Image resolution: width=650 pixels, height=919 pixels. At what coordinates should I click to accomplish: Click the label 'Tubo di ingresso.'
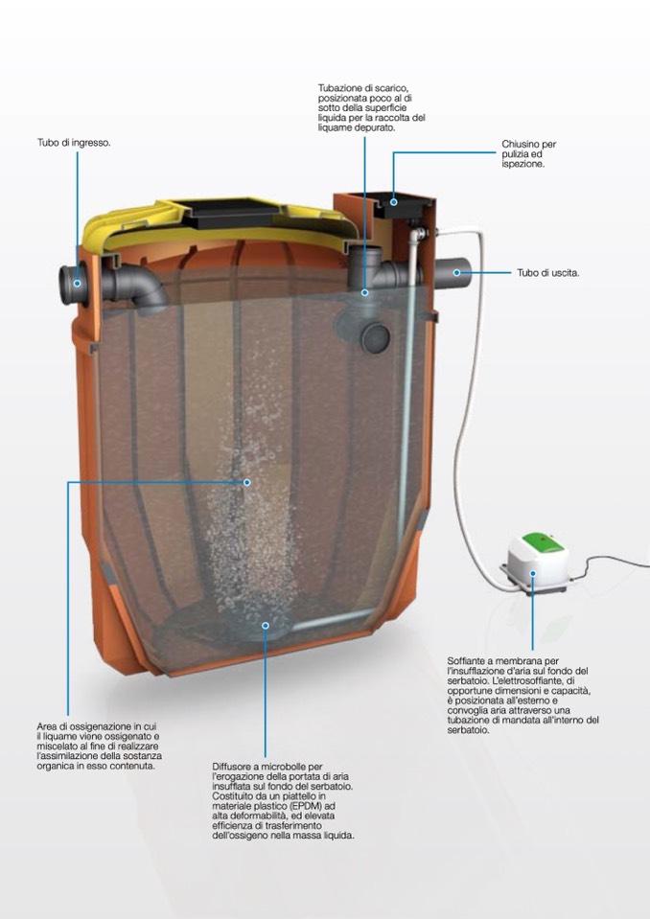point(74,143)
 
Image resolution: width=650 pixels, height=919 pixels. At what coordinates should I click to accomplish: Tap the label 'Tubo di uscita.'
point(548,272)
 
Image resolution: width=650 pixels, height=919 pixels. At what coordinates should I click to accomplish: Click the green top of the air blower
point(544,541)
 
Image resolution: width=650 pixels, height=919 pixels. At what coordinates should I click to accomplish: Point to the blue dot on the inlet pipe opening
point(77,284)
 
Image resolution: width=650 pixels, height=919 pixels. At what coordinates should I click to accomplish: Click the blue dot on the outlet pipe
point(456,272)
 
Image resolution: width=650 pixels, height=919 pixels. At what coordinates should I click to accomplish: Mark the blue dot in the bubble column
point(247,482)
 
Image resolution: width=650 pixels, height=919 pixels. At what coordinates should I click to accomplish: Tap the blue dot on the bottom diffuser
point(265,626)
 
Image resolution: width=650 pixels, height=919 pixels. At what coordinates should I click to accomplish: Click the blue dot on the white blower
point(533,573)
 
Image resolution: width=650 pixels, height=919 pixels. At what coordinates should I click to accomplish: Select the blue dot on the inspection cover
point(394,202)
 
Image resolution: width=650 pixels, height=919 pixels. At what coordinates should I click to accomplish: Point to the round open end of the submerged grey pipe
point(375,338)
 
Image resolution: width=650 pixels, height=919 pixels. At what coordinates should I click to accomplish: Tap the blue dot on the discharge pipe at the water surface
point(364,292)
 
